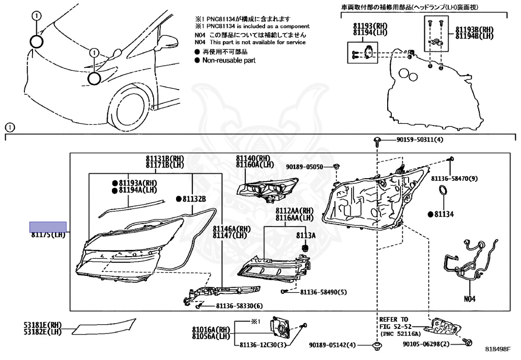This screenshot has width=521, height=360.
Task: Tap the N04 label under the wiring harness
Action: tap(469, 299)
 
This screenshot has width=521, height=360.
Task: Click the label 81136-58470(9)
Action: tap(455, 178)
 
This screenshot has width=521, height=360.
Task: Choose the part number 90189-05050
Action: tap(304, 167)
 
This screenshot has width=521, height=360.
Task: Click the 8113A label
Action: tap(306, 235)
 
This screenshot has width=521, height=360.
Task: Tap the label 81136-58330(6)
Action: tap(239, 306)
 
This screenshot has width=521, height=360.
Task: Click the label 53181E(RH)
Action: tap(42, 324)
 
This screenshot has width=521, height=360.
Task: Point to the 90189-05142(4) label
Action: tap(333, 345)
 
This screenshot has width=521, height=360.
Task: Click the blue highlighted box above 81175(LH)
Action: tap(48, 227)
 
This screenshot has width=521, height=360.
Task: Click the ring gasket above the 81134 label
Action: tap(443, 191)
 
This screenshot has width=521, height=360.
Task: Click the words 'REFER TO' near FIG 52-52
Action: tap(393, 319)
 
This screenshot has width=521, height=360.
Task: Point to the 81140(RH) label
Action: tap(252, 158)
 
